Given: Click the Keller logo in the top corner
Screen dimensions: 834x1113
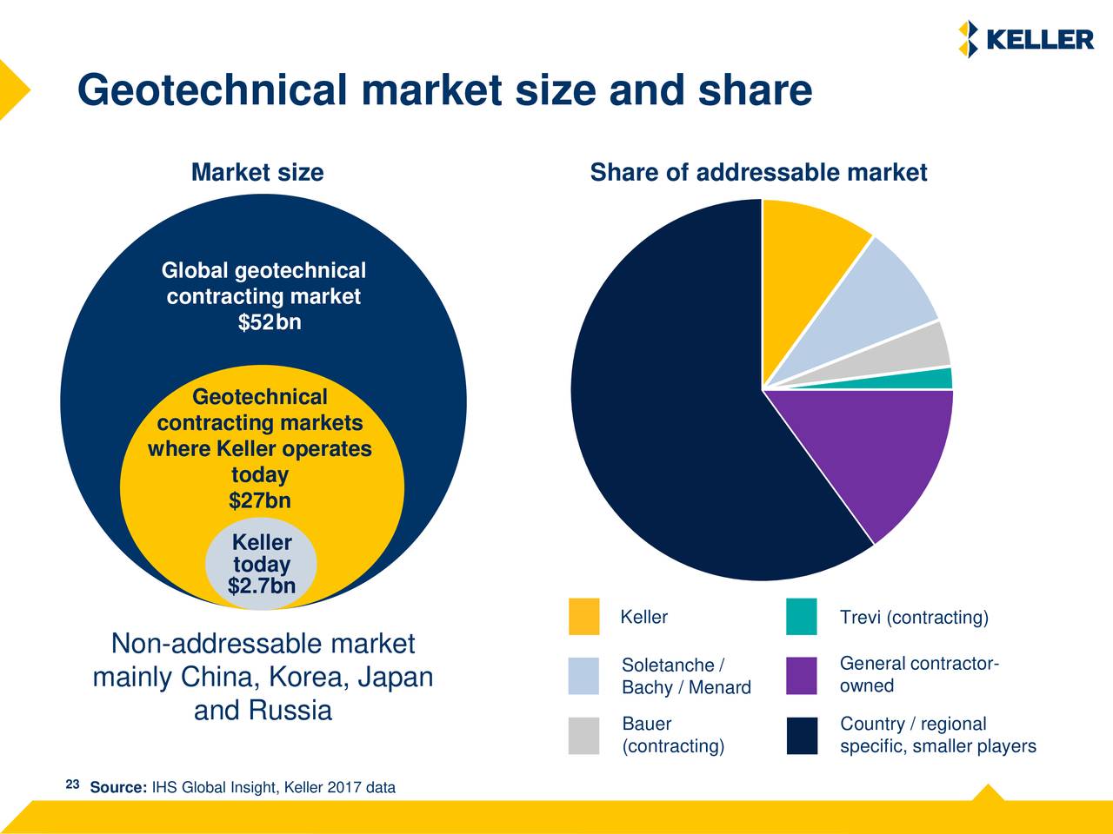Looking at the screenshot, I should tap(1025, 40).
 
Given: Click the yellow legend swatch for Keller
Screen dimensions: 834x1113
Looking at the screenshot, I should tap(583, 617).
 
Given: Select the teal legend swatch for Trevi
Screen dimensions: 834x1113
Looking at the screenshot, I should tap(801, 617).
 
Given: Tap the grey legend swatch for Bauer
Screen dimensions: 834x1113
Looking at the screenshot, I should tap(583, 736).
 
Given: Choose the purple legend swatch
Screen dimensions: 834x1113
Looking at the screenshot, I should tap(801, 676).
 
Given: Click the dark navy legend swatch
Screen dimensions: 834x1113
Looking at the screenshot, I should tap(801, 736).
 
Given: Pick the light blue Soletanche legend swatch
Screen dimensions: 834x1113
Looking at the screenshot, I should tap(583, 676).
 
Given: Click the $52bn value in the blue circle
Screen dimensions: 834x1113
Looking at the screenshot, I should tap(270, 323).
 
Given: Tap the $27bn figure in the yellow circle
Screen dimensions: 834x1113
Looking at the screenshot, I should tap(259, 501).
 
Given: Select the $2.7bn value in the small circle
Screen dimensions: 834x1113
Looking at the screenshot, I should tap(261, 587).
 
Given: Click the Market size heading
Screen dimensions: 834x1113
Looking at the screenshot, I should tap(257, 173).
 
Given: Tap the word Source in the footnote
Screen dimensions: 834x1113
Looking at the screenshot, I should tap(118, 788).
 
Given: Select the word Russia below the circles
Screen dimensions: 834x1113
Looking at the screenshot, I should tap(290, 712).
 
